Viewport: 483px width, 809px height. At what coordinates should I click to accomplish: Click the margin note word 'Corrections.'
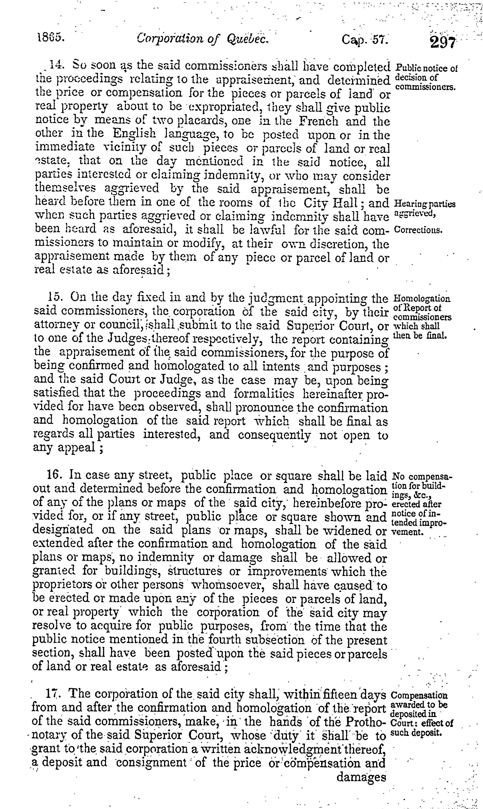click(418, 230)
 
